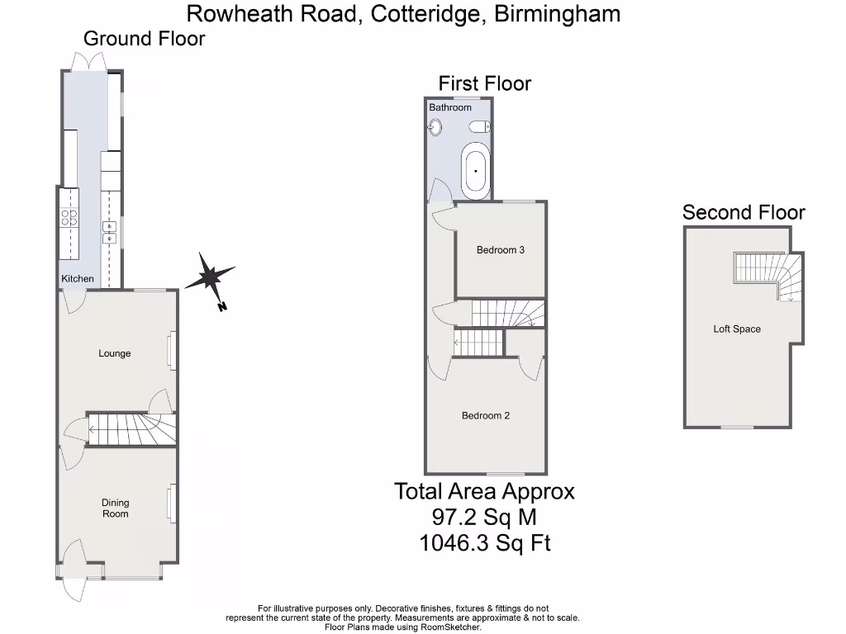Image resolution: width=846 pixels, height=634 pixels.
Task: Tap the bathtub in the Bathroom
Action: [475, 170]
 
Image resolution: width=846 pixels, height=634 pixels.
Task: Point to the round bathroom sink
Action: [435, 127]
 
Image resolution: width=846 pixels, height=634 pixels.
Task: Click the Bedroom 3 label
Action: [501, 250]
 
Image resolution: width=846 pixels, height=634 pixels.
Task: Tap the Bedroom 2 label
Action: [485, 415]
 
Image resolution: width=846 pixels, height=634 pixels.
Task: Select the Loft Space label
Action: [737, 329]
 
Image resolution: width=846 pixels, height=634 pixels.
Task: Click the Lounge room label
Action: [115, 353]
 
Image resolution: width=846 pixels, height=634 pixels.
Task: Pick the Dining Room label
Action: [116, 509]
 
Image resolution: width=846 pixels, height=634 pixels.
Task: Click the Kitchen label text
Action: [78, 279]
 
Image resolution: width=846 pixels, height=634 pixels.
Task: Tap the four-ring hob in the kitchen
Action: [69, 218]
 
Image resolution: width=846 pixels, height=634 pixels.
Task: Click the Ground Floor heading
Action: [145, 38]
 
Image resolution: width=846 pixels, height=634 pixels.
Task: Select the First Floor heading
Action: [484, 83]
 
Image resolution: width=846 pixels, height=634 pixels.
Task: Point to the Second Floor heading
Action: [744, 212]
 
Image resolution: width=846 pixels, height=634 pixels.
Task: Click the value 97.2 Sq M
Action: [484, 518]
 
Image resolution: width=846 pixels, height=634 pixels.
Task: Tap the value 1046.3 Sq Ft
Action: [485, 543]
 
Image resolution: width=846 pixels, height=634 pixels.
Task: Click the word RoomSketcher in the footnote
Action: [452, 627]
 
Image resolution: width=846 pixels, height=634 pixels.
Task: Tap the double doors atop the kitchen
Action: [88, 62]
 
